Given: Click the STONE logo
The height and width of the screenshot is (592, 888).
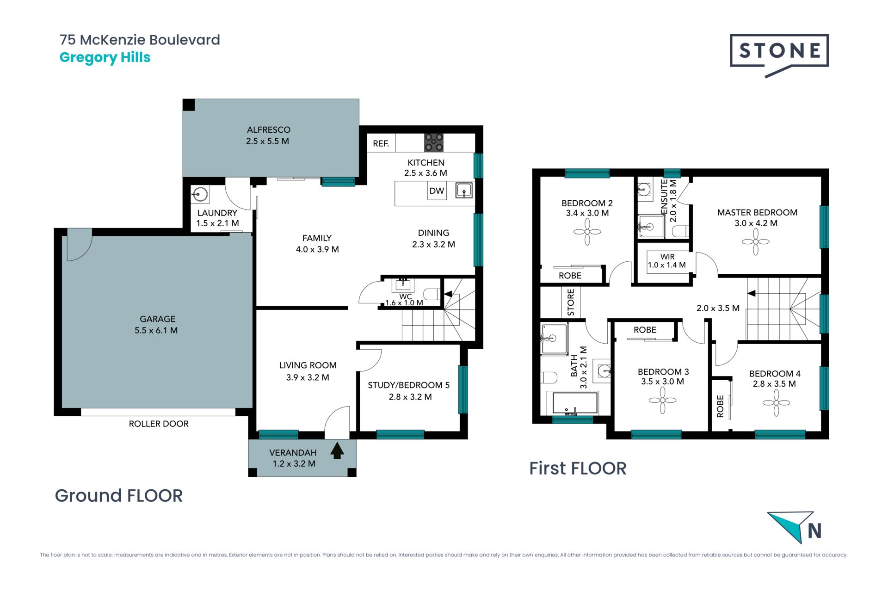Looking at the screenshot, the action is pos(779,55).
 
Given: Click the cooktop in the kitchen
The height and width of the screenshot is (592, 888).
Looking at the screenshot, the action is pos(434,142).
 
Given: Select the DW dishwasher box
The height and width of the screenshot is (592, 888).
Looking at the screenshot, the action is pos(437,191).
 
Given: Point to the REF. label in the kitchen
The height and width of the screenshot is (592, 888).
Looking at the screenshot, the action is pos(381,144).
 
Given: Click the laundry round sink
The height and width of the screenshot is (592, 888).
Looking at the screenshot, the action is pos(200,194).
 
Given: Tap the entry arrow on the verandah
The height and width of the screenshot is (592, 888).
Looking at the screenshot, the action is pos(337,451).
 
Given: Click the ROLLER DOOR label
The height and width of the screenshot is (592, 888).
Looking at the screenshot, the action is pos(159,424).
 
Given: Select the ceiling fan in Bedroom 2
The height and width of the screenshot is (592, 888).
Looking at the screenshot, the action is pos(587,232).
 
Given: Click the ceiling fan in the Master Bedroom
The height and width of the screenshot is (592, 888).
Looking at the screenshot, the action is pos(756,241).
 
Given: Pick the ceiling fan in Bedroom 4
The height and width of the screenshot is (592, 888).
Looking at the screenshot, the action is pos(776,403).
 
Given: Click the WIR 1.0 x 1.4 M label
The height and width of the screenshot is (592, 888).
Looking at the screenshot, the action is pos(667,261).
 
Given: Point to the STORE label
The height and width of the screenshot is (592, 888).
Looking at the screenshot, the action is pos(571,302).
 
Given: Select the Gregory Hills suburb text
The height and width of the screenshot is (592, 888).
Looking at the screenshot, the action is pos(105,57).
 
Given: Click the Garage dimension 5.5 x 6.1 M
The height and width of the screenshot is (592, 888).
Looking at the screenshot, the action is pos(156,330).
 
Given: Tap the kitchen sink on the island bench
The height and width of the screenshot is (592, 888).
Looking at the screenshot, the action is pos(464,190).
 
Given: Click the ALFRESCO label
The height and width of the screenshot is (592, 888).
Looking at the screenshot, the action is pos(269,130).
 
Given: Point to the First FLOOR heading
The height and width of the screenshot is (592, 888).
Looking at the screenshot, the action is pos(578,469).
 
